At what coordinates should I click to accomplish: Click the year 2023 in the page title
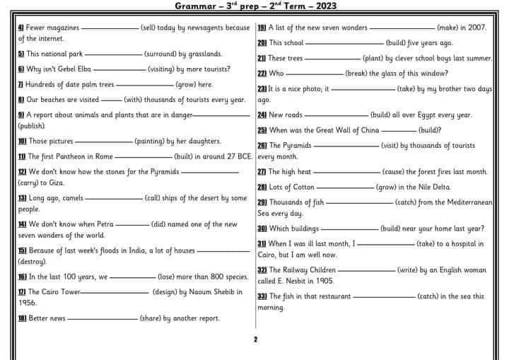click(x=323, y=7)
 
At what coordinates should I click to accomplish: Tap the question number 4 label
click(x=21, y=28)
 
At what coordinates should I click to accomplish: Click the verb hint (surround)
click(x=163, y=54)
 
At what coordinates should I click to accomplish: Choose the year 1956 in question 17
click(x=27, y=303)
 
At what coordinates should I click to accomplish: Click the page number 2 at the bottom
click(x=255, y=339)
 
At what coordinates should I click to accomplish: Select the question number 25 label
click(x=262, y=130)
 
